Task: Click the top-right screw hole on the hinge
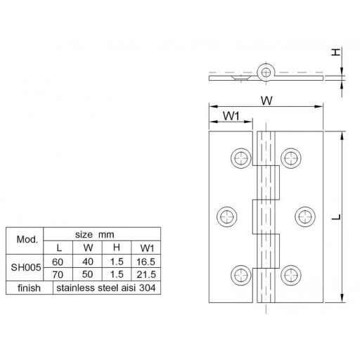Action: (290, 157)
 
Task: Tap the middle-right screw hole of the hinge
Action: (303, 215)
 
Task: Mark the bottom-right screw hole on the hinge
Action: (290, 274)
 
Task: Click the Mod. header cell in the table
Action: (22, 238)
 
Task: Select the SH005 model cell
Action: (22, 268)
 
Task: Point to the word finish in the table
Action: (22, 288)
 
